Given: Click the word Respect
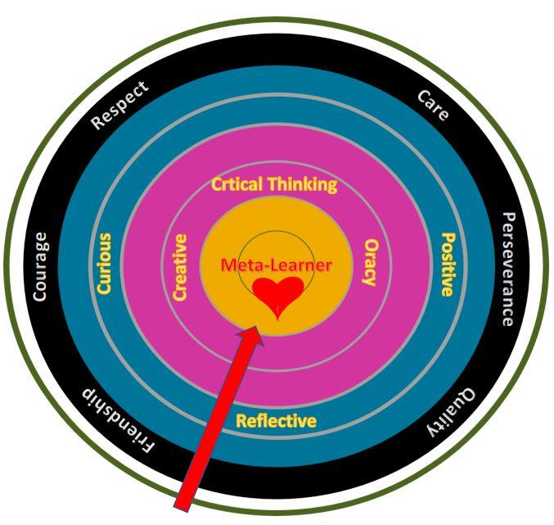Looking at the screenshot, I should tap(119, 106).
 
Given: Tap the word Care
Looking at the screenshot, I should tap(433, 106).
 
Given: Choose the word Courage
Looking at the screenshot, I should tap(39, 266).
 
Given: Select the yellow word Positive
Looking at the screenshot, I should tap(447, 264).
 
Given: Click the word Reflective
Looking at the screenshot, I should tap(276, 421).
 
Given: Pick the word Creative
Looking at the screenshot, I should tap(181, 268).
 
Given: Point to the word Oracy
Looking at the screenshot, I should tap(369, 262).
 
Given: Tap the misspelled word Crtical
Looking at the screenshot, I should tap(237, 184).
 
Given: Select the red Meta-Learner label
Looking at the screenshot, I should tap(277, 265).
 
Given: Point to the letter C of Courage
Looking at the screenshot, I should tap(39, 296).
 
